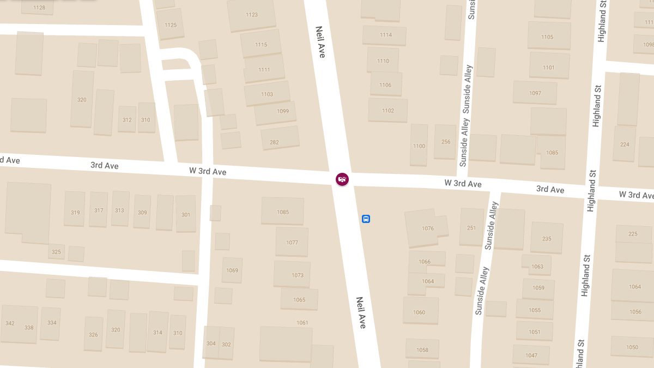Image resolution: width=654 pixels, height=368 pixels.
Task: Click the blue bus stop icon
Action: click(366, 219)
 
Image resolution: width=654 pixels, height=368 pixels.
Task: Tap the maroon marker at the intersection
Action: click(342, 179)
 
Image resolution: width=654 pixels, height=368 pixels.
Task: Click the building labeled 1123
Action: click(251, 15)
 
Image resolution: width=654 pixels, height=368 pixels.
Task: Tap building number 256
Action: click(445, 141)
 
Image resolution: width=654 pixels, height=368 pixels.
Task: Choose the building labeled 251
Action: click(471, 227)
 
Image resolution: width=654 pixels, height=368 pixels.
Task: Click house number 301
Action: click(186, 214)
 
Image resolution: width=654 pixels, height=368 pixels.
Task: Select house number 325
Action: click(56, 251)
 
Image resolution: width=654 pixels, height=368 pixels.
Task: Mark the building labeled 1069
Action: click(232, 270)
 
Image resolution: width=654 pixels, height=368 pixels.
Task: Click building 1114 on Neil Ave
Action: click(385, 35)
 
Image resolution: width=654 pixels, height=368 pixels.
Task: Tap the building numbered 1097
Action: click(535, 93)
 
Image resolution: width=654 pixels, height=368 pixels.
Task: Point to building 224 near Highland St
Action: click(625, 143)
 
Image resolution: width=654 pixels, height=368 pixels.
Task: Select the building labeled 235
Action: click(547, 238)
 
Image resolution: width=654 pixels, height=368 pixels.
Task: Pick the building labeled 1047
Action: click(531, 355)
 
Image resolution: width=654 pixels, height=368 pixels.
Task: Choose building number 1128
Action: click(39, 7)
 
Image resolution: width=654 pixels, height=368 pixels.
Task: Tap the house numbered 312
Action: click(127, 119)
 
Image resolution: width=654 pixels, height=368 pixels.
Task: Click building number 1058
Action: click(422, 349)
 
